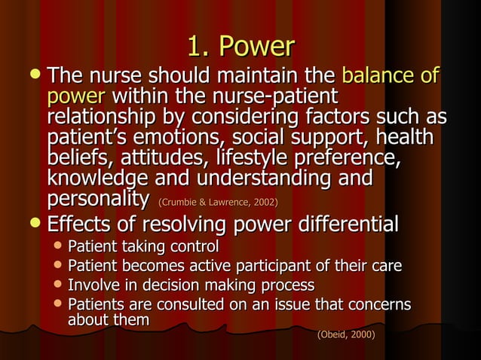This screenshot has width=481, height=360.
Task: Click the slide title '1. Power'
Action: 240,47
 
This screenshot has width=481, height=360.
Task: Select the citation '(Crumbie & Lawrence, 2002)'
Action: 217,203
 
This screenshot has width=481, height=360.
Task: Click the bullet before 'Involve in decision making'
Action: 59,285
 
